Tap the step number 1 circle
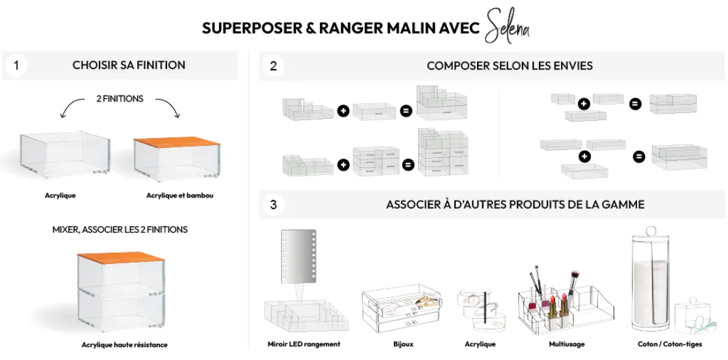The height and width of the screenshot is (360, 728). (x=16, y=65)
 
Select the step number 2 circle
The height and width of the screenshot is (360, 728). (x=273, y=66)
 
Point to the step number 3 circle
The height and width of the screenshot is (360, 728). (x=273, y=205)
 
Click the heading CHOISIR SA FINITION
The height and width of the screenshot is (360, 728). (x=129, y=65)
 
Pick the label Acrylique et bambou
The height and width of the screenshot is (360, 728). (x=179, y=195)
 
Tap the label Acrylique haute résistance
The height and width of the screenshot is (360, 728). (x=124, y=344)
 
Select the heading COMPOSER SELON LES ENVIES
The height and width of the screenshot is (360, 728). (x=510, y=66)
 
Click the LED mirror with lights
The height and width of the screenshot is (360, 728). (x=298, y=255)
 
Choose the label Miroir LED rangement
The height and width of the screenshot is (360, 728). (x=304, y=344)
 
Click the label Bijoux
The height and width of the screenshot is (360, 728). (x=403, y=344)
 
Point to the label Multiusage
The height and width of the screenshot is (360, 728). (x=567, y=344)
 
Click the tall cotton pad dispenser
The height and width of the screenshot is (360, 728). (x=650, y=279)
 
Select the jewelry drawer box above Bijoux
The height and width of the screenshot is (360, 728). (x=402, y=309)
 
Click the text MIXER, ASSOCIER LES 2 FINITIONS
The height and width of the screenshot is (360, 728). (x=120, y=229)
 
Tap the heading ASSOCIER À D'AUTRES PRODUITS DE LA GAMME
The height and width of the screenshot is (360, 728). (x=515, y=205)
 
